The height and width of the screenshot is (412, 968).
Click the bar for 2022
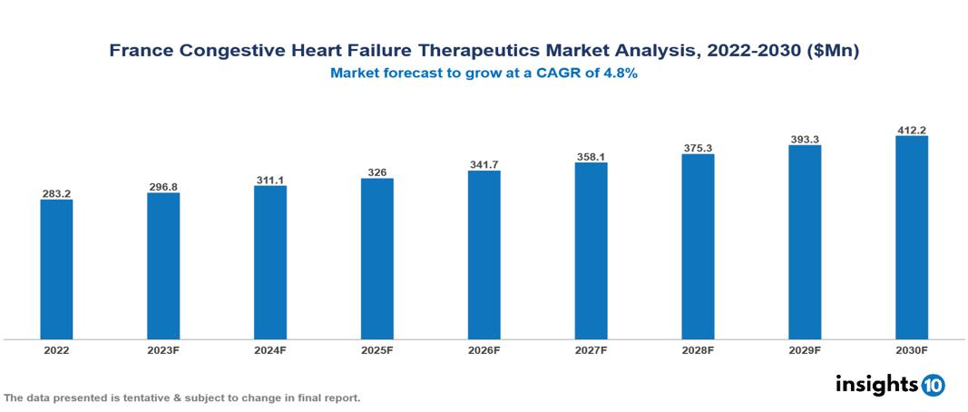(56, 270)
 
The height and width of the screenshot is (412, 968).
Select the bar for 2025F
(376, 259)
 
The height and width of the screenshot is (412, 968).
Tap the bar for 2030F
(911, 238)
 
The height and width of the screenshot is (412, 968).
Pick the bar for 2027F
(591, 251)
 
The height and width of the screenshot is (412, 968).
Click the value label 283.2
(56, 193)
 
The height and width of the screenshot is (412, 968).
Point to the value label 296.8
(163, 187)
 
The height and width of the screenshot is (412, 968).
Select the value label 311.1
(270, 180)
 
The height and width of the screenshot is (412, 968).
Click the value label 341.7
(484, 164)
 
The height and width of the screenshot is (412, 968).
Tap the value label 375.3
(698, 148)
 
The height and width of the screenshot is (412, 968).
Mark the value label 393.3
(805, 139)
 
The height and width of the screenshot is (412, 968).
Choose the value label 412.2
(911, 130)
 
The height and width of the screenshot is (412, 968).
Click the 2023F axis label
(163, 349)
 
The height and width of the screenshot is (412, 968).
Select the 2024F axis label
(270, 349)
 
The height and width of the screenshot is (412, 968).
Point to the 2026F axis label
(484, 349)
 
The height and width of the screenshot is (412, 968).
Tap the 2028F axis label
(698, 349)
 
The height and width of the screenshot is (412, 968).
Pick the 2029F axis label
(805, 349)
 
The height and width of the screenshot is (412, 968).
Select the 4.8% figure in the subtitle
(621, 74)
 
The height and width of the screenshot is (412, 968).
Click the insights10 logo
(889, 385)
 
